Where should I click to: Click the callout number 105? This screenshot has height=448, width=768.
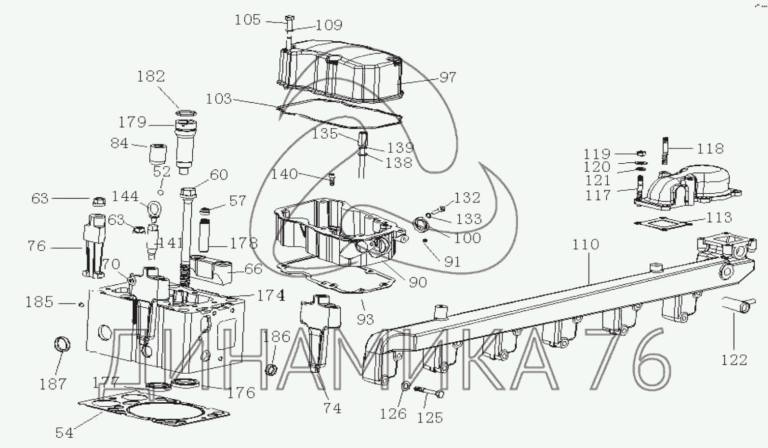tap(247, 19)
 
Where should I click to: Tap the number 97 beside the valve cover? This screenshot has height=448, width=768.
tap(448, 77)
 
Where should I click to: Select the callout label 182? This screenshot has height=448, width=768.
tap(151, 76)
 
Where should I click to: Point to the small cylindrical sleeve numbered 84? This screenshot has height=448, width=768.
tap(158, 154)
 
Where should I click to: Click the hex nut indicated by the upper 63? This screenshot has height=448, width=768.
tap(99, 201)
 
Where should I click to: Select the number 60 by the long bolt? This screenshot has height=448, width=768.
tap(219, 175)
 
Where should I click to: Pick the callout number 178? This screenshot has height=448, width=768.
tap(243, 243)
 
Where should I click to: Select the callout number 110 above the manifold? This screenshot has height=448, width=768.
tap(586, 244)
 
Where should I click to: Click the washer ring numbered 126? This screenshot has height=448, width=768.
tap(405, 386)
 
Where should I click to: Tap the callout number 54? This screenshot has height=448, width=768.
tap(64, 433)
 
